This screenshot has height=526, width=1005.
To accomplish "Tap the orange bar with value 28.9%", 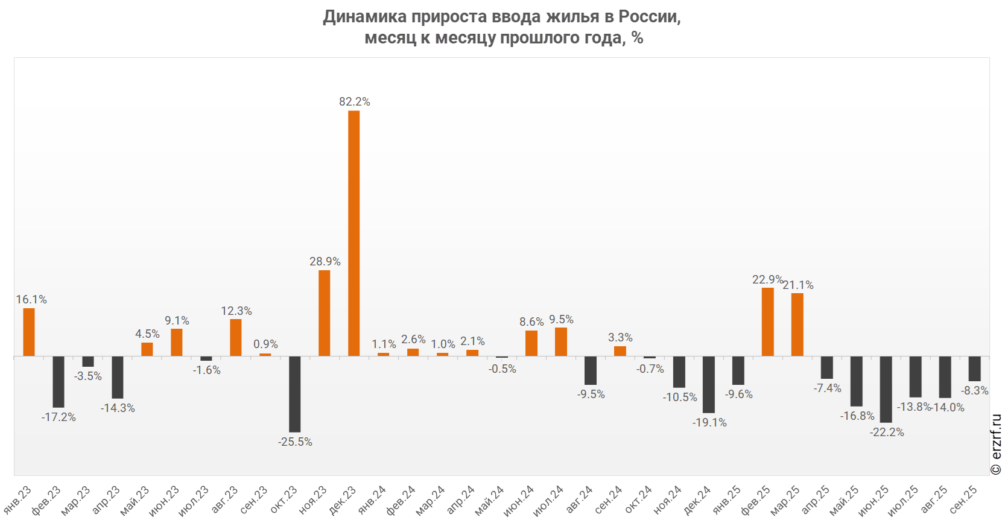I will pos(325,313).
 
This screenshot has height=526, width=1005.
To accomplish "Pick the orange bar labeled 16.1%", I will pos(29,332).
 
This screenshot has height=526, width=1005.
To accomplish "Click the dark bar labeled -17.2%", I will pos(59,381).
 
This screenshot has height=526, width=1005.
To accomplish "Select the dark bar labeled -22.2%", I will pos(886,389).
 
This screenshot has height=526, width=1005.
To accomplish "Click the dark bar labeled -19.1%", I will pos(709,384).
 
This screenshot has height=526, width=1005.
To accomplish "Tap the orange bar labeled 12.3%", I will pos(236,337).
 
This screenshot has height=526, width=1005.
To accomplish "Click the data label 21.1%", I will pos(798,285).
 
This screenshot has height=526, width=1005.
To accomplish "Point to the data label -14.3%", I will pos(118,408).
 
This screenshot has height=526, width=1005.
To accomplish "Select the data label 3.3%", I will pos(620,337).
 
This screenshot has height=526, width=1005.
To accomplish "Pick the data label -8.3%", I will pos(975,390).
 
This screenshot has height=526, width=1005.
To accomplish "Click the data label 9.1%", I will pos(177,320).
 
